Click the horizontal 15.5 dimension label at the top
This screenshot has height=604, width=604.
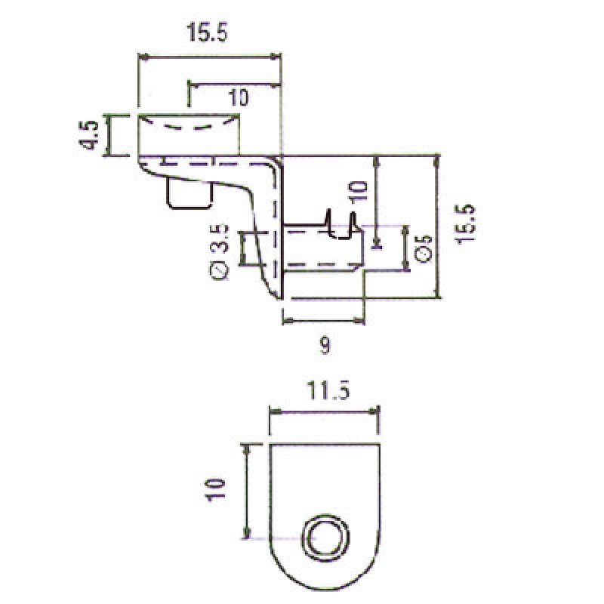coord(207,32)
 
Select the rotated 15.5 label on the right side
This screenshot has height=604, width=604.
coord(465,223)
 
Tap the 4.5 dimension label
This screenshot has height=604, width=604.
coord(89,135)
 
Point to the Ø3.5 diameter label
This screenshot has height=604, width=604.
coord(220,251)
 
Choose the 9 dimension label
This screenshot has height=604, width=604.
coord(325,347)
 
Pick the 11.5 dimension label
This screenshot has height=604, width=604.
coord(328,392)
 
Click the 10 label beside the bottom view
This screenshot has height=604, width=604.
coord(214,489)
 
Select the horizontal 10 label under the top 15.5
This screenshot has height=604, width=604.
coord(239,97)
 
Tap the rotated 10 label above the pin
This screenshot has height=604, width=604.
coord(358,192)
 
